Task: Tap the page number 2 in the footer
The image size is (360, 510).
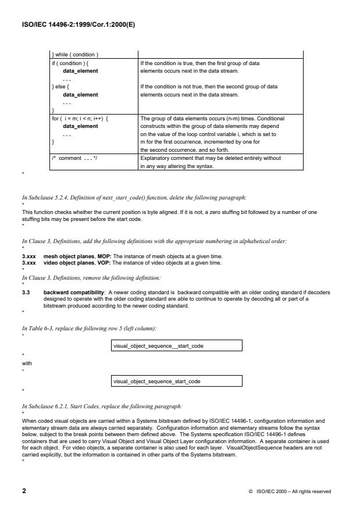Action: (x=24, y=491)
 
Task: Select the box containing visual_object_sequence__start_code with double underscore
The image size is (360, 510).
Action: (x=176, y=346)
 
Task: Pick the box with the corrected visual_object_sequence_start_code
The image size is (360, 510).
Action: (x=176, y=381)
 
